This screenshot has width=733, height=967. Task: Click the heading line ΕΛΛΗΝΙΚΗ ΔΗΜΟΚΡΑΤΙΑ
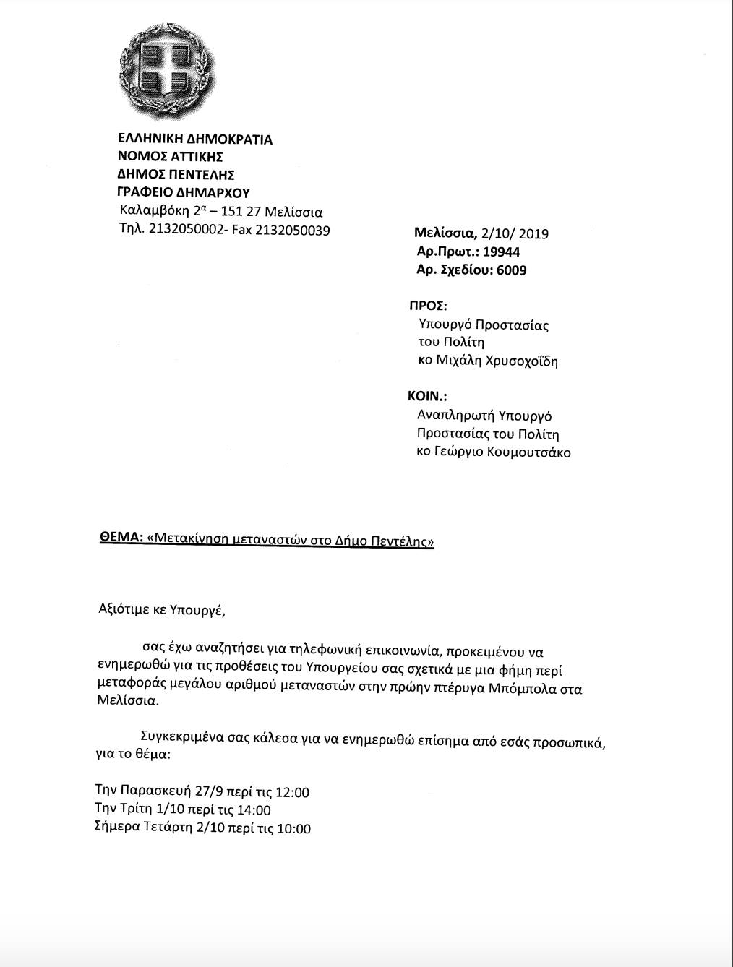[194, 139]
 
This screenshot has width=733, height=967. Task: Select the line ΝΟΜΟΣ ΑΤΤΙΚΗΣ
[170, 157]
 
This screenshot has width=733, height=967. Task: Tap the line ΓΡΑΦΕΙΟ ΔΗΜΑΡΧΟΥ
[184, 193]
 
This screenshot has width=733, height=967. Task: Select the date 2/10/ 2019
[515, 233]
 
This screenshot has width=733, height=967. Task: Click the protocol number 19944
[502, 252]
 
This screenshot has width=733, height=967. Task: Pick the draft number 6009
[512, 270]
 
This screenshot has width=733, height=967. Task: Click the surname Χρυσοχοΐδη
[517, 361]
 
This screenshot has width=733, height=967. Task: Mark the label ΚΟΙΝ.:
[427, 397]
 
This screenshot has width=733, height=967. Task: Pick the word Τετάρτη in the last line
[168, 828]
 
